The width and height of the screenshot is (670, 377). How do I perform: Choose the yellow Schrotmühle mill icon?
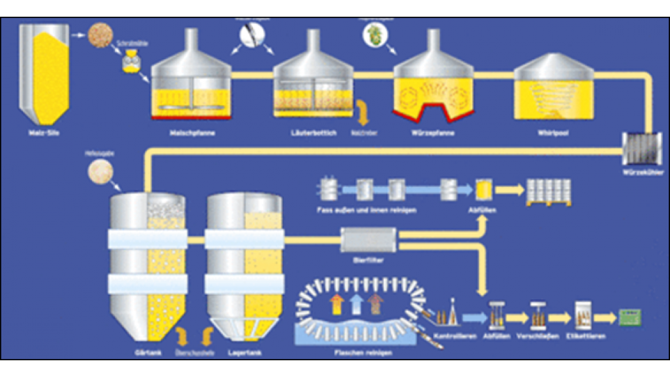click(x=130, y=64)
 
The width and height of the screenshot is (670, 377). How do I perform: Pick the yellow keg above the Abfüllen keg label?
click(x=484, y=188)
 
